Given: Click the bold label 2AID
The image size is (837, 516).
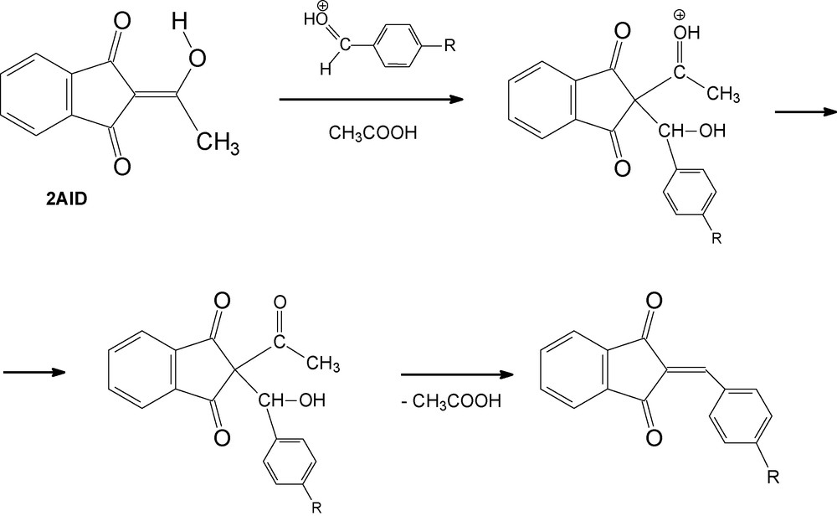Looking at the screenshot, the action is (66, 199).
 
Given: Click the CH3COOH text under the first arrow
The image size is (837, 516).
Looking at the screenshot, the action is (372, 132).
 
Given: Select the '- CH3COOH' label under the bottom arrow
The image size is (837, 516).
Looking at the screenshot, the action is (451, 400).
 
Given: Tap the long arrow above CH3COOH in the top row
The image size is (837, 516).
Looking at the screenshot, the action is (371, 100).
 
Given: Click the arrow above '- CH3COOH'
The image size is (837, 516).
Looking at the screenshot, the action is (457, 375).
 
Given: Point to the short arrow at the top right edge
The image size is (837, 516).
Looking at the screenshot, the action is (805, 111).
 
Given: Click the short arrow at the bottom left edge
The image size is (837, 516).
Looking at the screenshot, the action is (34, 372).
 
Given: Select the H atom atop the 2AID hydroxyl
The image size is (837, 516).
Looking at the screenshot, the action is (180, 22).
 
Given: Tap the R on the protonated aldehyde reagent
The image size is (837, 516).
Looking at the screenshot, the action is (449, 46).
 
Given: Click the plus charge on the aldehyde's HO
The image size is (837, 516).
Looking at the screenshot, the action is (322, 6).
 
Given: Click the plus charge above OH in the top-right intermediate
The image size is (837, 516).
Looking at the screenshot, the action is (679, 14).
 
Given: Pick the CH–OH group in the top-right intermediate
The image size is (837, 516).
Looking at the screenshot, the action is (692, 131).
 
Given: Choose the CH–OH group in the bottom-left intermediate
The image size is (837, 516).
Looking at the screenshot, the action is (291, 400).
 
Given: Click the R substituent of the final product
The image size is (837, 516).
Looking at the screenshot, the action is (773, 477).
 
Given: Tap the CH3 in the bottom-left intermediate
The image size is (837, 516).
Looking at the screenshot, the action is (323, 364).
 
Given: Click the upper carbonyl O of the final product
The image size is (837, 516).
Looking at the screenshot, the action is (654, 301).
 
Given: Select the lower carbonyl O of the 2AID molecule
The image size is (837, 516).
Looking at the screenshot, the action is (122, 166).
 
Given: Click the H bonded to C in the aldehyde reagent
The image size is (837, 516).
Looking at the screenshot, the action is (326, 69).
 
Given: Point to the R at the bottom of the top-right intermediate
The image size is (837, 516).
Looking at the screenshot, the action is (716, 239).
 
